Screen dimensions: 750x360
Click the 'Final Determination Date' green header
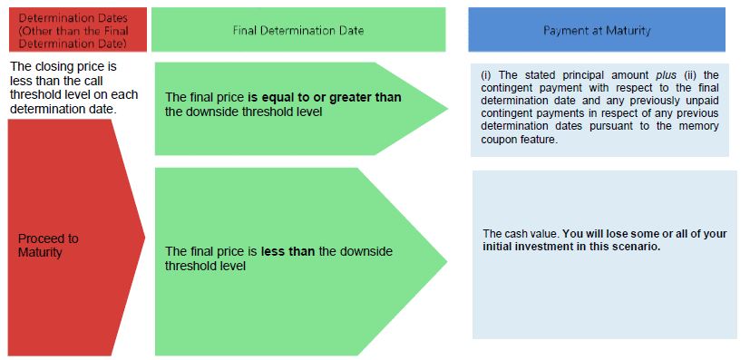tap(298, 30)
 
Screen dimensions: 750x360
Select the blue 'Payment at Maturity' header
tap(597, 30)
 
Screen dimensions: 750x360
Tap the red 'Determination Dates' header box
tap(77, 30)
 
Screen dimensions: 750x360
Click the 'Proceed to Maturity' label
tap(48, 245)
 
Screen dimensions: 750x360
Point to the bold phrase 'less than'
tap(288, 251)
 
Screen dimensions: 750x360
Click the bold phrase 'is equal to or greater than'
tap(325, 98)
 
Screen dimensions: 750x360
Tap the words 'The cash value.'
tap(521, 234)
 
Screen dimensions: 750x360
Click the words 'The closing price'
tap(63, 66)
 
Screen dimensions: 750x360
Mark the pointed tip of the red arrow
tap(145, 237)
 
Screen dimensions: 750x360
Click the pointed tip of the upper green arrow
tap(448, 109)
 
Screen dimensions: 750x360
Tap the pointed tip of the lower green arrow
tap(447, 261)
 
